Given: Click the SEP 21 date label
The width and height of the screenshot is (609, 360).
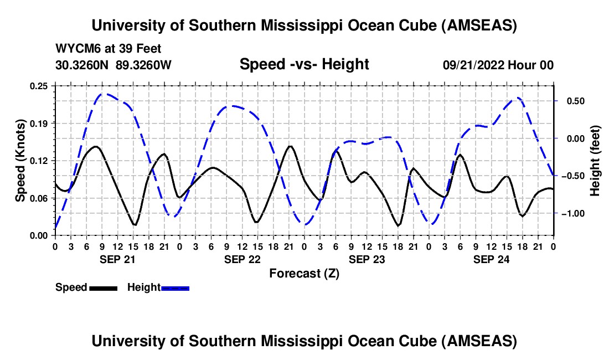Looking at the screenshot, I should coord(117,259).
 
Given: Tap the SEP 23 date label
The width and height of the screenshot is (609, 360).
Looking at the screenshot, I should coord(366,259).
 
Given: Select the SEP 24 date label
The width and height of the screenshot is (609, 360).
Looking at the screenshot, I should coord(491,259).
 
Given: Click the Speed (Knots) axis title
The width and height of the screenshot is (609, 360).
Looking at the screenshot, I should coord(20,161).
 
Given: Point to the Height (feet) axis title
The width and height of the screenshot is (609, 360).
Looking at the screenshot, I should coord(595,161).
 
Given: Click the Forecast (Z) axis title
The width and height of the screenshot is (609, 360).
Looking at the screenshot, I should coord(304,273).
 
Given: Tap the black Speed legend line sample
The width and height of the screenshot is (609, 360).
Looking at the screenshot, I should coord(103,287).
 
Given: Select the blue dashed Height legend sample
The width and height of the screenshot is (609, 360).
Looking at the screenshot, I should coord(175,287).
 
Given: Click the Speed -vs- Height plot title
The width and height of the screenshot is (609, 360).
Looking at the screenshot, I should coord(304,65).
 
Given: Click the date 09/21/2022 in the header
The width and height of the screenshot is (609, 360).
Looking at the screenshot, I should coord(475,65).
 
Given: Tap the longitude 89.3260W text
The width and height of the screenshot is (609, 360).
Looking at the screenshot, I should coord(144,65).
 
